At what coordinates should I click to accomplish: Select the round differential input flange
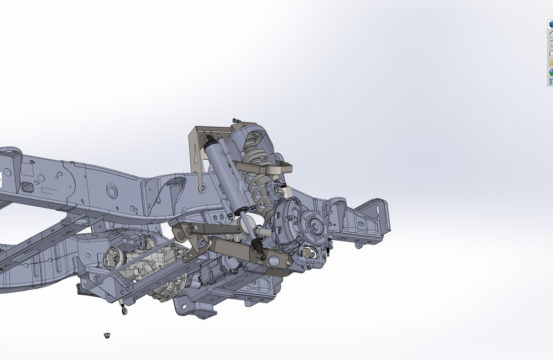click(x=113, y=258)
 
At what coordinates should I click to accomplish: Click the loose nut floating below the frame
click(x=106, y=335)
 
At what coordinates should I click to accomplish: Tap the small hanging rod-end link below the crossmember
click(x=124, y=310)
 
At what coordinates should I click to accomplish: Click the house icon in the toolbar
click(x=551, y=34)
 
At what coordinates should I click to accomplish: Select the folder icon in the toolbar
click(x=551, y=53)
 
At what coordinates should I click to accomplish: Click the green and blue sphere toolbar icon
click(x=551, y=72)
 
